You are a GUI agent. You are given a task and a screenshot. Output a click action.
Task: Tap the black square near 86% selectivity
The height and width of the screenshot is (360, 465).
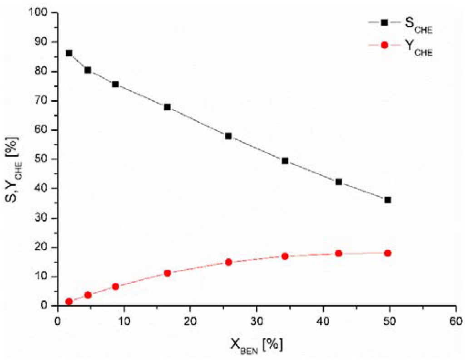69,53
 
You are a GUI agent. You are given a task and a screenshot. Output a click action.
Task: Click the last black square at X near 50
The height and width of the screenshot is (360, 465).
387,200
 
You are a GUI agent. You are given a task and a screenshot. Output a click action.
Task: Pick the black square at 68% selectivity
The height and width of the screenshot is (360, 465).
167,107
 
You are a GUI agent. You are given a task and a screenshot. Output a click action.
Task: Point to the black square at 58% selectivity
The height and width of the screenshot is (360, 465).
228,136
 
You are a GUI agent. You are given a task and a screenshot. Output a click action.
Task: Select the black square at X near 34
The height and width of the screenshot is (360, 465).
285,161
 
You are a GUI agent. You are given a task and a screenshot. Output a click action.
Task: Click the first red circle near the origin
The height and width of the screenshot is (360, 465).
69,301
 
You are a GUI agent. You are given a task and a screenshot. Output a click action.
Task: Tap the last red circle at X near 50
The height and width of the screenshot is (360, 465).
387,253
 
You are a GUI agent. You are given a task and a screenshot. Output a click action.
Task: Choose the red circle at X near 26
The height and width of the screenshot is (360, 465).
228,262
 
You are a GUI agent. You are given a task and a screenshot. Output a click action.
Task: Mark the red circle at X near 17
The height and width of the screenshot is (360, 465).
167,273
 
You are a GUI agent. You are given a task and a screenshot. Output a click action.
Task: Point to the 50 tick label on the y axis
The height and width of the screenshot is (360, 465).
42,159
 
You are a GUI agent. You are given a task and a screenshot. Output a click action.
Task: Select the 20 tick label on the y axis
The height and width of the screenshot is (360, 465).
42,247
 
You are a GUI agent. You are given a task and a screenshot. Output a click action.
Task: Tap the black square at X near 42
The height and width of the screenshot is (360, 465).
338,182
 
